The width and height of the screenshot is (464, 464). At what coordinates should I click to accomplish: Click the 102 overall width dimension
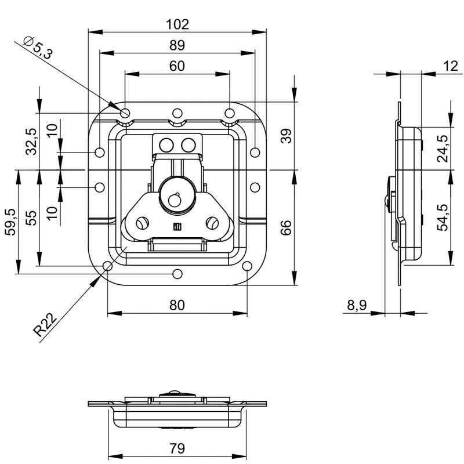click(x=177, y=24)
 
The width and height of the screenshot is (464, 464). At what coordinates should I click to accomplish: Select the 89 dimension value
click(x=177, y=45)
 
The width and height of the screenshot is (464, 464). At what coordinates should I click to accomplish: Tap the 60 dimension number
click(x=177, y=66)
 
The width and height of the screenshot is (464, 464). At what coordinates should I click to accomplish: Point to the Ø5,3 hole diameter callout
click(x=38, y=48)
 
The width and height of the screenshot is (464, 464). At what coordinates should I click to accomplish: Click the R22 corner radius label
click(x=45, y=325)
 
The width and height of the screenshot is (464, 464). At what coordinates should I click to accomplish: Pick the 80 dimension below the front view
click(x=177, y=305)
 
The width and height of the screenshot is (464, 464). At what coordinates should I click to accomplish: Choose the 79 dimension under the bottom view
click(x=177, y=448)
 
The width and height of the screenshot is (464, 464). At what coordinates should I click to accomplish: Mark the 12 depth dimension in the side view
click(x=451, y=66)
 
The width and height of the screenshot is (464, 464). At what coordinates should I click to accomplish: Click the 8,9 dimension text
click(x=357, y=305)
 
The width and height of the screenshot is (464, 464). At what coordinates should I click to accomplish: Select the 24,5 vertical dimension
click(x=443, y=148)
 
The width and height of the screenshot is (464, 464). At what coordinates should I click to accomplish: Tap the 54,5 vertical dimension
click(x=443, y=217)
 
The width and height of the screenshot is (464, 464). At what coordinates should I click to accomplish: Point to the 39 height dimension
click(x=286, y=136)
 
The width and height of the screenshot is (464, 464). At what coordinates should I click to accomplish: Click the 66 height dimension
click(x=286, y=228)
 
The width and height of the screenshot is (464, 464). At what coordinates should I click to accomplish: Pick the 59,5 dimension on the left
click(x=10, y=222)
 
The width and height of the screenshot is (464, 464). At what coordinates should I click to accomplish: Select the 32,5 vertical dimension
click(x=31, y=142)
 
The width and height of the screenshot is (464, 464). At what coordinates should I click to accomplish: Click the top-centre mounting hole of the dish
click(x=177, y=113)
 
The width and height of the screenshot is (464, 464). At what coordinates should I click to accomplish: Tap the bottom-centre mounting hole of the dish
click(x=177, y=274)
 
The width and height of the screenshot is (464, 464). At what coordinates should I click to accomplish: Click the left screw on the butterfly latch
click(x=142, y=223)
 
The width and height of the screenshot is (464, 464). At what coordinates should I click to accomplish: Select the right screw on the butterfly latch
click(x=212, y=223)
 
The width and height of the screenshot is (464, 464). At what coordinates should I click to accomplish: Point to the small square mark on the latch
click(x=177, y=227)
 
